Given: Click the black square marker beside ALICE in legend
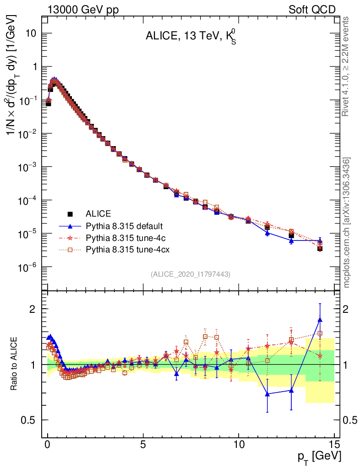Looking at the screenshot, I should [70, 213].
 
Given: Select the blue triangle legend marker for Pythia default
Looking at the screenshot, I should [70, 226].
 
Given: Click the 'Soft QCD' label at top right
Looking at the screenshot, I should [312, 10].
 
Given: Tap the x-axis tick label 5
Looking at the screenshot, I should [143, 444].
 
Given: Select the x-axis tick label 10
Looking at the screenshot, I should [239, 444].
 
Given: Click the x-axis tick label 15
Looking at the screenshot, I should [334, 444].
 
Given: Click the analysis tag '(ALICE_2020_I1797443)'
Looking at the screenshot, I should [190, 274].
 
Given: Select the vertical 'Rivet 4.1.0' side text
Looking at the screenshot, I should [346, 66].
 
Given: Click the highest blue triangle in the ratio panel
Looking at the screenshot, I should [320, 320].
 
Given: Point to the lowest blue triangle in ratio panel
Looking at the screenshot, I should [267, 393].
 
